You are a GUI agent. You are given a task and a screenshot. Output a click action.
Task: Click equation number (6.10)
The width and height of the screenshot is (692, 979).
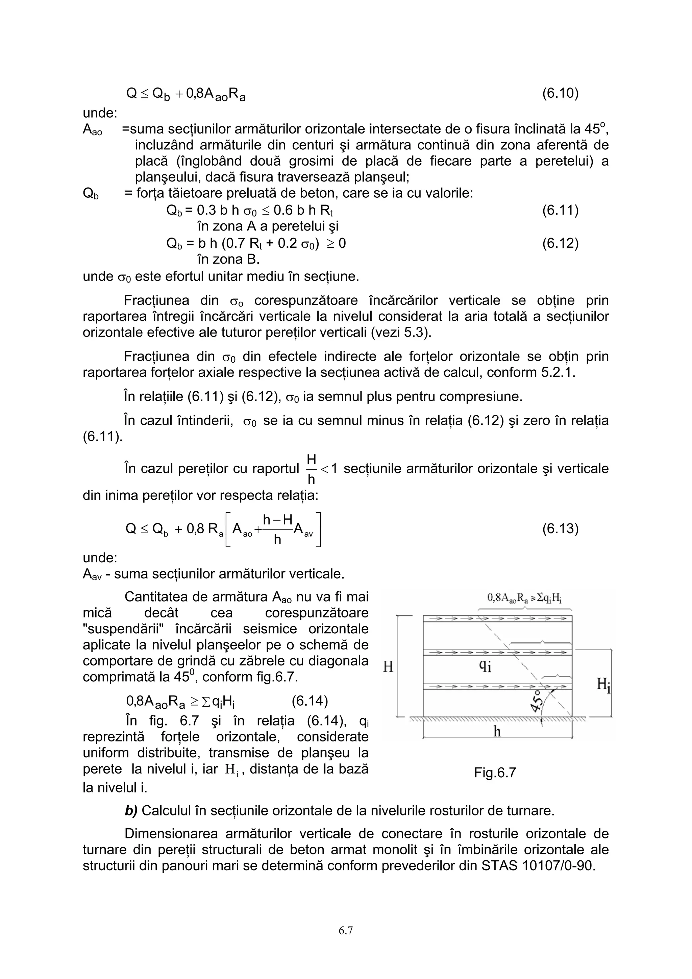click(560, 93)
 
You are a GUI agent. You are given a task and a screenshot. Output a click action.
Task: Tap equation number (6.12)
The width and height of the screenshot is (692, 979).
click(560, 243)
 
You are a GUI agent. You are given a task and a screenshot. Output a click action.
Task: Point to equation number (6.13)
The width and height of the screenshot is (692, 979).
click(560, 529)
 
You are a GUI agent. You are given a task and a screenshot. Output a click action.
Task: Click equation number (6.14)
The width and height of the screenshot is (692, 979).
click(310, 701)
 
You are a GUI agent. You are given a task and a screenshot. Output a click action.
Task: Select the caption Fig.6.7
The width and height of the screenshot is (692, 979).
click(495, 772)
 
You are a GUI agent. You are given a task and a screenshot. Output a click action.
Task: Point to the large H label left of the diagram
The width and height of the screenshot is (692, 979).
click(388, 667)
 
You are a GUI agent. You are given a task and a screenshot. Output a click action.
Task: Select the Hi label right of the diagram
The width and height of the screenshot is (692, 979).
click(603, 685)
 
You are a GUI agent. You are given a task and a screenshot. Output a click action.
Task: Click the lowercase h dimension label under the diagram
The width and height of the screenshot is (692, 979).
click(497, 732)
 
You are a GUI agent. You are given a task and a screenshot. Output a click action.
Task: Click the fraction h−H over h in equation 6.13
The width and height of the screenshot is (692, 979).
click(277, 529)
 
